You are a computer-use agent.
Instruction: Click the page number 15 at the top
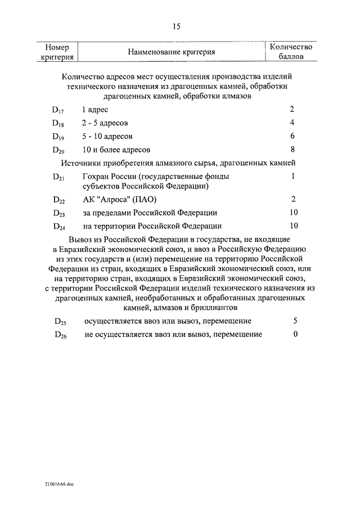click(x=176, y=26)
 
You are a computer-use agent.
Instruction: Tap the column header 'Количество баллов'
click(x=291, y=52)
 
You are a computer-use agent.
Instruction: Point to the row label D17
click(x=58, y=109)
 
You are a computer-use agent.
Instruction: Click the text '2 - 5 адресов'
click(x=105, y=123)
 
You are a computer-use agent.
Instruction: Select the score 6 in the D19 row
click(x=292, y=136)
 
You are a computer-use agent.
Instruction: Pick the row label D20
click(x=59, y=150)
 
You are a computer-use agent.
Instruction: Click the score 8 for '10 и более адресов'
click(x=292, y=150)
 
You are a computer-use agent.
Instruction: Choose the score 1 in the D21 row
click(x=293, y=177)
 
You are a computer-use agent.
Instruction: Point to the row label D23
click(x=59, y=213)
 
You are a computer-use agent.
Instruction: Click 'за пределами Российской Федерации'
click(x=150, y=213)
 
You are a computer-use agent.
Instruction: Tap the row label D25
click(x=60, y=322)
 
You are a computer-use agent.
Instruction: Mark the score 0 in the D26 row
click(x=295, y=334)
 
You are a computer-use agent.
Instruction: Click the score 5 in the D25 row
click(x=295, y=321)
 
